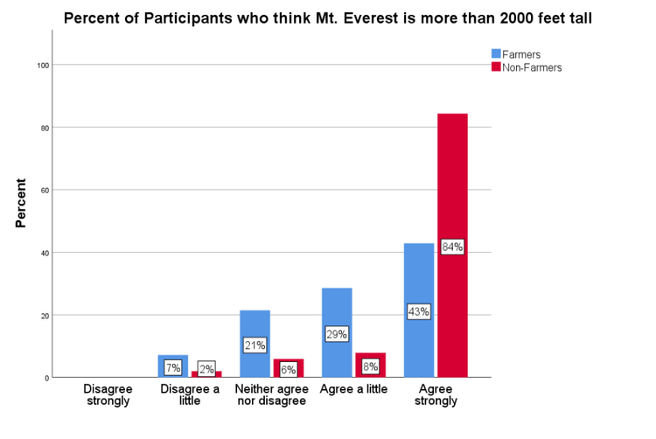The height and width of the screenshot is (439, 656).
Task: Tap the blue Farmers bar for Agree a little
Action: (x=337, y=306)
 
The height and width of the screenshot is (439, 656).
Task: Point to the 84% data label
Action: (x=452, y=247)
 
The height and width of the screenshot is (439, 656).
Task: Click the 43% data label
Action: (x=419, y=311)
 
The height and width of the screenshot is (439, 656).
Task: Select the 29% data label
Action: (x=337, y=334)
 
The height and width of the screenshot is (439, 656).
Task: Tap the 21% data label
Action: (x=255, y=345)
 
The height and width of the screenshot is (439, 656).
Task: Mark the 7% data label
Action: (x=172, y=368)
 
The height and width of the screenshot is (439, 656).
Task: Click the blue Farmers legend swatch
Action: (x=496, y=54)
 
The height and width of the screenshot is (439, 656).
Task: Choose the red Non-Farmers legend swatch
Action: (x=496, y=67)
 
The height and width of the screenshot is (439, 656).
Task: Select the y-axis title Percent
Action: (x=20, y=204)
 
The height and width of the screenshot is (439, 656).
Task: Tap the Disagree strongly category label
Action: (x=107, y=394)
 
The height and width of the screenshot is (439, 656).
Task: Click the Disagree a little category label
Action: (x=189, y=394)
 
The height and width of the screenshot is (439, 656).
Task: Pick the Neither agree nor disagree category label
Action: (x=271, y=394)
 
